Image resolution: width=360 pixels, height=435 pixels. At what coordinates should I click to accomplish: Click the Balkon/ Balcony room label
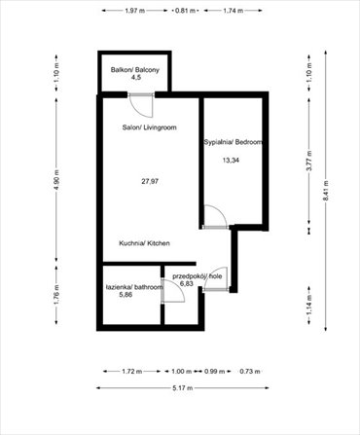[x=136, y=70]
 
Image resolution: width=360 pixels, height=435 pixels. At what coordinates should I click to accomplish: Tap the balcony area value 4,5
[x=136, y=80]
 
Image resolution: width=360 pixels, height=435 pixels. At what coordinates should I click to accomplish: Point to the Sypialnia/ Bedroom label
[x=233, y=142]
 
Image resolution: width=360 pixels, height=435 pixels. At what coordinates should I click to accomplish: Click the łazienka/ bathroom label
[x=134, y=287]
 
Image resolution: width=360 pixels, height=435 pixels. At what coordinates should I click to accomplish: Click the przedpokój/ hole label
[x=197, y=277]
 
